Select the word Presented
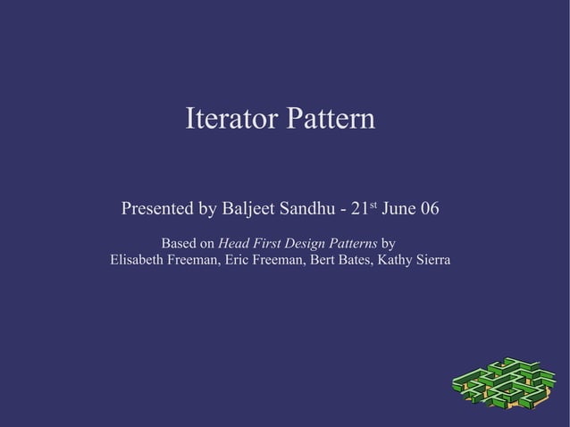157,210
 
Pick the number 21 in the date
359,210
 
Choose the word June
398,210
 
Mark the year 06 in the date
429,210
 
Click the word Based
178,243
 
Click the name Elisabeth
139,261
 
